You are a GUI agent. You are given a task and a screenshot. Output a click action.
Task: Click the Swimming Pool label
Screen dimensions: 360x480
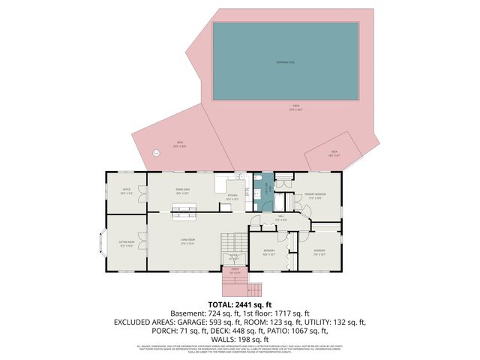point(285,61)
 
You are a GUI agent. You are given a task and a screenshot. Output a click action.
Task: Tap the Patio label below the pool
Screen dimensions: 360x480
point(295,107)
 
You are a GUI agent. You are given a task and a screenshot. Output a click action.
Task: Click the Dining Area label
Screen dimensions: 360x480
point(182,192)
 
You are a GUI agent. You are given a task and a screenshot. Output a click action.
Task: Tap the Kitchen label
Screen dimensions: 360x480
point(233,199)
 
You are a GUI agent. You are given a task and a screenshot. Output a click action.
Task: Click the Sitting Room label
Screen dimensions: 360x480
point(126,244)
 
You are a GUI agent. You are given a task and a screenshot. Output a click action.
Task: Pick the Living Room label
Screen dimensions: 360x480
point(187,243)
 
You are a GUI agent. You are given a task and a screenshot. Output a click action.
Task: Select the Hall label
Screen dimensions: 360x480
point(280,219)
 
